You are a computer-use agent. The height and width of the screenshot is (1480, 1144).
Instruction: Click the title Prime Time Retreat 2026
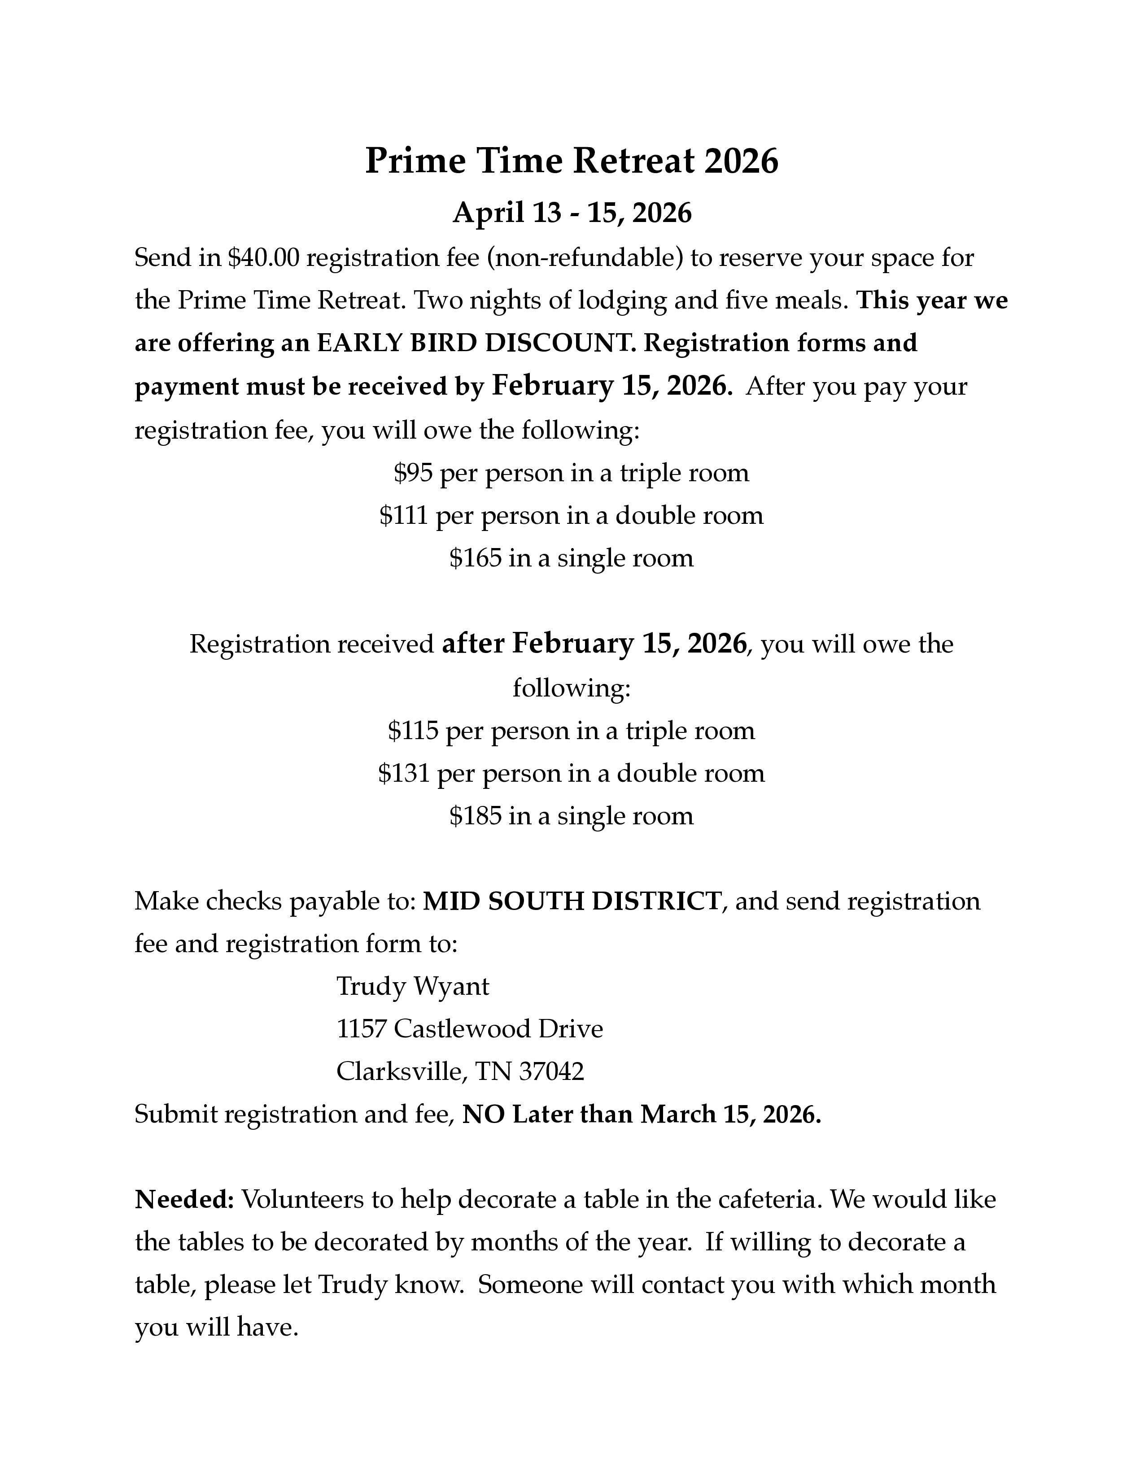pyautogui.click(x=571, y=161)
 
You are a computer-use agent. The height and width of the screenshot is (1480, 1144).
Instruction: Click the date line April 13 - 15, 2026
pyautogui.click(x=571, y=213)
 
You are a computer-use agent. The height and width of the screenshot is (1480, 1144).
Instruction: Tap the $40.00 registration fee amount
pyautogui.click(x=263, y=258)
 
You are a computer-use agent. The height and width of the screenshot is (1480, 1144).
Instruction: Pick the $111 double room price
pyautogui.click(x=403, y=516)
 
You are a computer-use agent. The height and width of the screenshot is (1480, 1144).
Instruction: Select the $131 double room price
pyautogui.click(x=404, y=773)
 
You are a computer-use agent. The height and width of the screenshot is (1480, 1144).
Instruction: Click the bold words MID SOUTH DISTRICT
pyautogui.click(x=571, y=901)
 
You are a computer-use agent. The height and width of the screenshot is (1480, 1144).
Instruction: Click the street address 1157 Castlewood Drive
pyautogui.click(x=469, y=1029)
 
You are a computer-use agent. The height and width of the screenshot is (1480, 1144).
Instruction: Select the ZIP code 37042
pyautogui.click(x=551, y=1072)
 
